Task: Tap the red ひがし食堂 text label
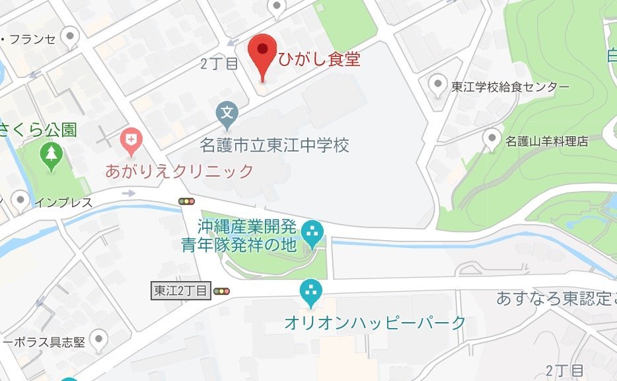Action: click(x=319, y=60)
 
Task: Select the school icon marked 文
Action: click(x=227, y=114)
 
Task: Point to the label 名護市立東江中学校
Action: click(x=275, y=144)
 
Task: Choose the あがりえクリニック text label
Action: click(x=180, y=171)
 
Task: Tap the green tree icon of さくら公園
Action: click(x=50, y=155)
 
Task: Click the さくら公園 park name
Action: click(x=38, y=128)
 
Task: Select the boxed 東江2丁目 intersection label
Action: click(x=181, y=290)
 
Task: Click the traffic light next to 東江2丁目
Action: click(x=221, y=290)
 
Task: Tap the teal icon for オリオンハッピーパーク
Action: click(x=310, y=291)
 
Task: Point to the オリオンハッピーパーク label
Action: click(x=375, y=323)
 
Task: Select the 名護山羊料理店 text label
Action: click(x=546, y=141)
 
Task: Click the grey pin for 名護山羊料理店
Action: click(x=491, y=138)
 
